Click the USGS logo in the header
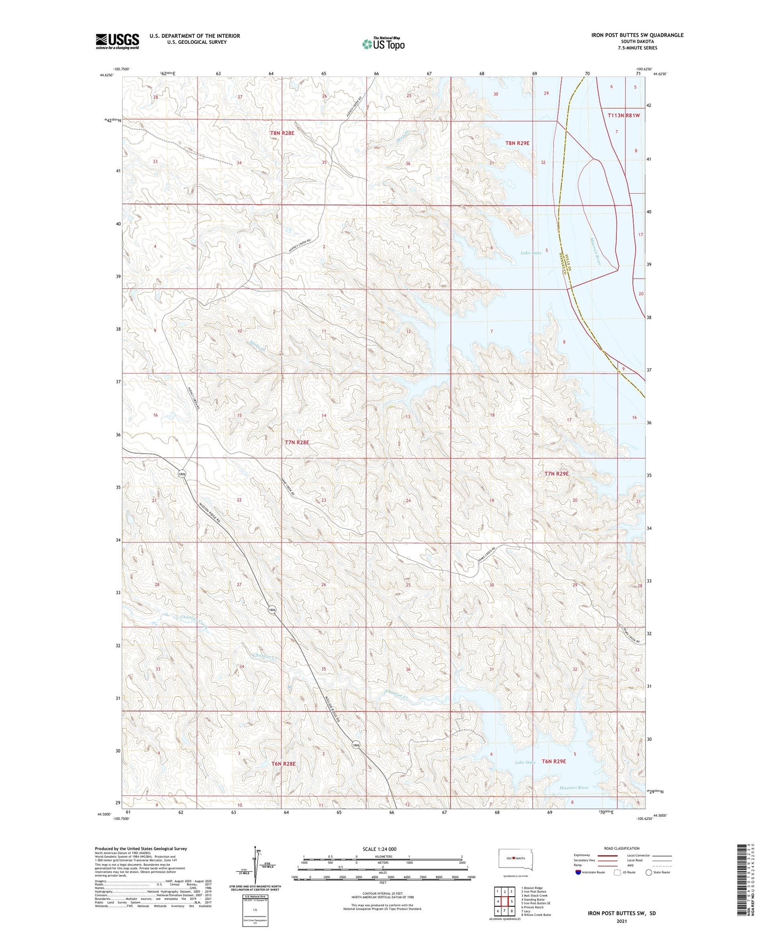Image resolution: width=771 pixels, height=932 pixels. coord(117,41)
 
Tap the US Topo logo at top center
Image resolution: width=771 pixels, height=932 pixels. coord(383,44)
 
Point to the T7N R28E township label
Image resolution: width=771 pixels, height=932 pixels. coord(297,443)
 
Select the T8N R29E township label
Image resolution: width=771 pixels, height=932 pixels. coord(517,143)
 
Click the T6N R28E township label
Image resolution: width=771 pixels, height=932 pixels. coord(283,764)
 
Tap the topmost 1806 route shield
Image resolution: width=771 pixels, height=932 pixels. coord(182,474)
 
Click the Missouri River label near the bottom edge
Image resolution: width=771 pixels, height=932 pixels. coord(574,788)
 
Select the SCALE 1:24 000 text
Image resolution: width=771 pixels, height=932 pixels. coord(379,849)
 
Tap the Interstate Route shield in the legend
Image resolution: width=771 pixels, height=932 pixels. coord(579,872)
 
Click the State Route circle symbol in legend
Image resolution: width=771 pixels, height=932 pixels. coord(649,872)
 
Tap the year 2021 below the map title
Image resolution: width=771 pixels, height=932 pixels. coord(621,921)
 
